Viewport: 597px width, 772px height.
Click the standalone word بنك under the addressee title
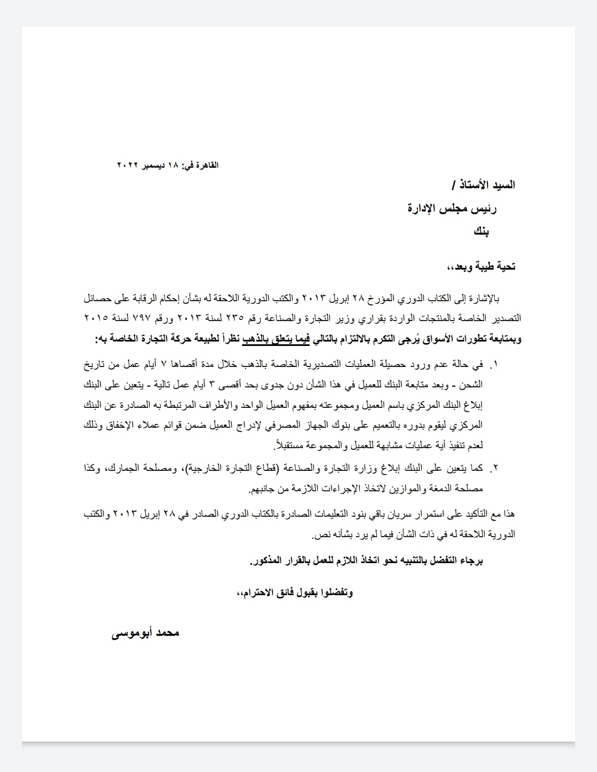[x=480, y=232]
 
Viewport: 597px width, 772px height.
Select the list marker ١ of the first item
[x=495, y=365]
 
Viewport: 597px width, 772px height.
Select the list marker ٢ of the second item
[x=495, y=469]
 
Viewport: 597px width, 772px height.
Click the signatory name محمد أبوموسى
[x=146, y=633]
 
